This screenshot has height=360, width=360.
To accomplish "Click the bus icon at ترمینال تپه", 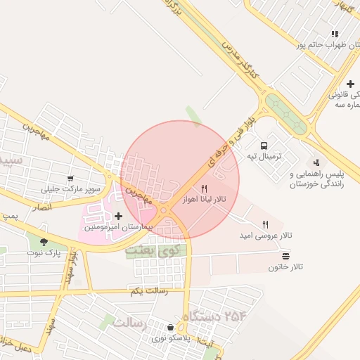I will click(264, 146).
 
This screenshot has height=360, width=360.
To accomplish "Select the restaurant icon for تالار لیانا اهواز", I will click(204, 188).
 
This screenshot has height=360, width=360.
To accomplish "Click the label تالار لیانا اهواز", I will click(205, 200).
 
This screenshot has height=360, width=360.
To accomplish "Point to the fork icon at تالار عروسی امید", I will click(265, 225).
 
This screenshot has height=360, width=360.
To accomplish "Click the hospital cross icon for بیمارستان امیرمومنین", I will click(117, 217).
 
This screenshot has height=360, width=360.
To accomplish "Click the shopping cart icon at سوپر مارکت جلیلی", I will click(70, 179).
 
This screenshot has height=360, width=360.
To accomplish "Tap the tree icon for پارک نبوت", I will click(44, 243).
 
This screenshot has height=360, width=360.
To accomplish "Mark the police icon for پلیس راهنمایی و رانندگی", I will click(316, 163).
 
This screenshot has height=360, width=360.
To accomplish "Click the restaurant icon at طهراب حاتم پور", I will click(335, 34).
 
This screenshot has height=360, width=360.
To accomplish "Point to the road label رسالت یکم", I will click(149, 290).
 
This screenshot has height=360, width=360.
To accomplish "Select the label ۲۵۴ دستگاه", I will click(216, 316).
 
